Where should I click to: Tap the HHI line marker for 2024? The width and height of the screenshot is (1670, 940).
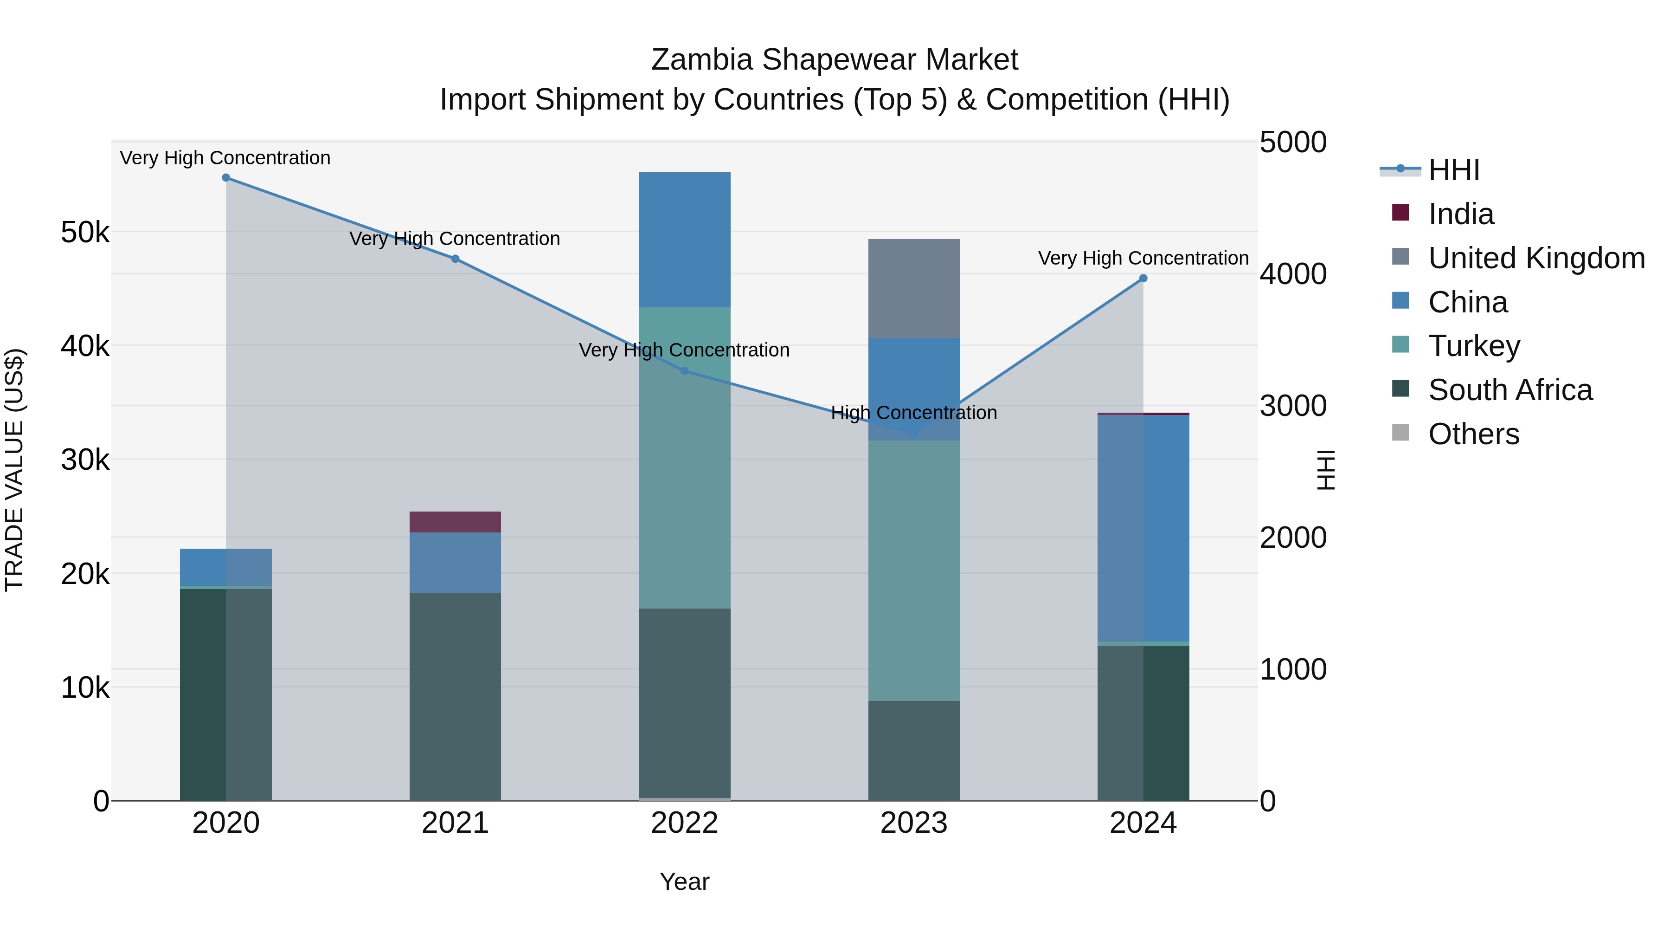(x=1143, y=279)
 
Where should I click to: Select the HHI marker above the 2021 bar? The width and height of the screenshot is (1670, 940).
(x=455, y=259)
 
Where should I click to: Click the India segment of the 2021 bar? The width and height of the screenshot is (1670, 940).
(x=455, y=522)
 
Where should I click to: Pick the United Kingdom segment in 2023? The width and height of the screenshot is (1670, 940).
(x=913, y=289)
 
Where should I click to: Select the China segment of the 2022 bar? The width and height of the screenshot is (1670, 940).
(x=685, y=240)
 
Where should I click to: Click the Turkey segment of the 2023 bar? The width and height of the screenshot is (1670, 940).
(x=913, y=571)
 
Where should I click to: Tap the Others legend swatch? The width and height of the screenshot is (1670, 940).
(x=1400, y=433)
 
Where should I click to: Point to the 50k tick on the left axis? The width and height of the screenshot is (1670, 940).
(x=85, y=232)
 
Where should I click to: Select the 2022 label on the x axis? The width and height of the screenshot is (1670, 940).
(x=685, y=823)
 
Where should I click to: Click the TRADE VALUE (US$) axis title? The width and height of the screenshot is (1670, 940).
(x=15, y=470)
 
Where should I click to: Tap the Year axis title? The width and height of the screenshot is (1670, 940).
(x=685, y=882)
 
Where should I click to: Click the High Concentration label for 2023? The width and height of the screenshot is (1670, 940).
(x=913, y=413)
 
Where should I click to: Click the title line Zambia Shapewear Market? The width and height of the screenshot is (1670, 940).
(x=835, y=60)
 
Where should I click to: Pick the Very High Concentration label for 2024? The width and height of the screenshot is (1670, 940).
(x=1143, y=258)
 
